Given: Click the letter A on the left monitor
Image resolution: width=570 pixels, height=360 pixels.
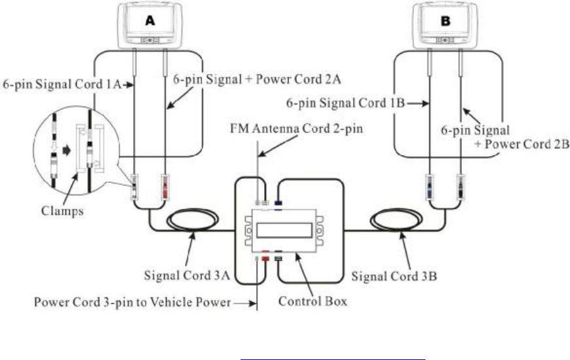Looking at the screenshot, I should click(x=150, y=21).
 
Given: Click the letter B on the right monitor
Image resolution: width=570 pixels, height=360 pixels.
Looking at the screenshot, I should click(x=447, y=21).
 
